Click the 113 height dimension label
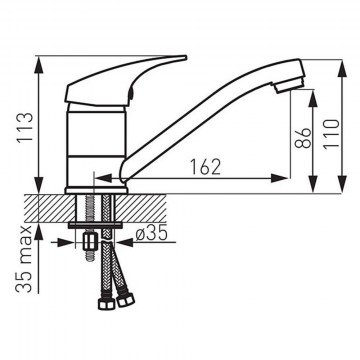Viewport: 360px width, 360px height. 26,127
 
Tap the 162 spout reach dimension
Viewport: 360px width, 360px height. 205,167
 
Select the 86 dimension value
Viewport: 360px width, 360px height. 303,137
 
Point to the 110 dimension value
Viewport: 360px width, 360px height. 331,134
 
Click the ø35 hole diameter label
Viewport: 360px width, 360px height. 151,234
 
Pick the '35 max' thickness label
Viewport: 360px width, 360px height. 24,259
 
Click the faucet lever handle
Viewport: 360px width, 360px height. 125,81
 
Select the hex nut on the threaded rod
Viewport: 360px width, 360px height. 90,241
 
